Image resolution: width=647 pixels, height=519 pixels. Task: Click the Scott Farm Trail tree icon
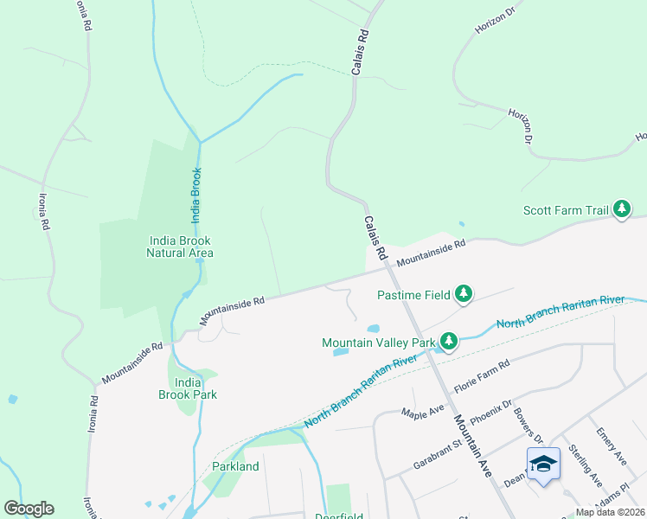point(621,209)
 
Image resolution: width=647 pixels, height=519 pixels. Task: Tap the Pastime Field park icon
point(464,295)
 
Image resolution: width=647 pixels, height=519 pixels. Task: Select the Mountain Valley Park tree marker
point(448,343)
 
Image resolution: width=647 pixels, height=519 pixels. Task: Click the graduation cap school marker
point(543,465)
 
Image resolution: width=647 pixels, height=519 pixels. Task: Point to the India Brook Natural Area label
point(180,247)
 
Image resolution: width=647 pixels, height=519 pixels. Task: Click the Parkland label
point(235,466)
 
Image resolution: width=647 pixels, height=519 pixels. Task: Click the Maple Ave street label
point(422,406)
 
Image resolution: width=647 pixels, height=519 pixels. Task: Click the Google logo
point(29,509)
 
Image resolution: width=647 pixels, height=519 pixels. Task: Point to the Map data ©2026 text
point(610,512)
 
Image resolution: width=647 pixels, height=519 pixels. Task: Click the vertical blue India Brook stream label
point(196,196)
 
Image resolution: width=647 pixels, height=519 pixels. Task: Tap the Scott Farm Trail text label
point(565,210)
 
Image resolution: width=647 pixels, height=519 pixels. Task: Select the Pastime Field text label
point(413,295)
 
